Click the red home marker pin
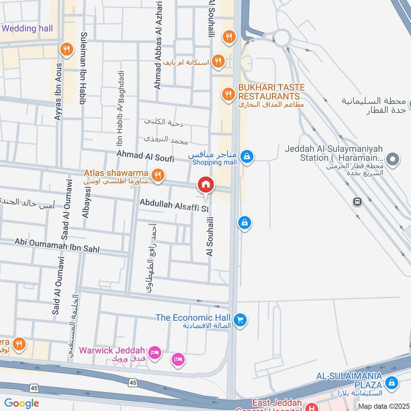(206, 184)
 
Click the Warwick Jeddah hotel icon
(157, 353)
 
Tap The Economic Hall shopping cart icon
(239, 320)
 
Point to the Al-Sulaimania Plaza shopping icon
(391, 383)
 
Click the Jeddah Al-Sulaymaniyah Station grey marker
(393, 160)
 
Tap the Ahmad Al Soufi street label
(145, 154)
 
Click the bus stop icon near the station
(357, 202)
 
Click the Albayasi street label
(86, 199)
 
